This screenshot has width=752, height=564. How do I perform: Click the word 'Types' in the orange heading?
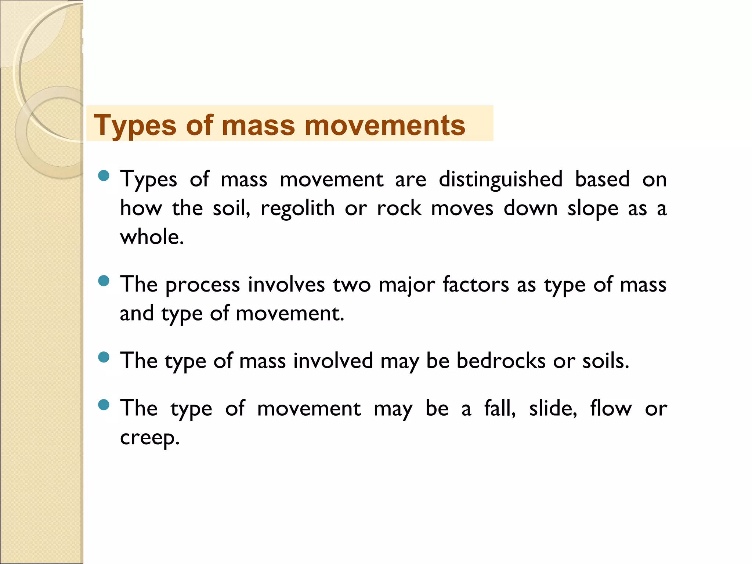pyautogui.click(x=135, y=126)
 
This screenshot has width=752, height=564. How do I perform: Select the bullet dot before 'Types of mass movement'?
pyautogui.click(x=104, y=176)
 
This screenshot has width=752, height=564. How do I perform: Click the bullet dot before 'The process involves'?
pyautogui.click(x=104, y=281)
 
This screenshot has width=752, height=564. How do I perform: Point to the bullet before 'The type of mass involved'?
pyautogui.click(x=104, y=357)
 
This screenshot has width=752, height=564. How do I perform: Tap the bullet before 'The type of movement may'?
pyautogui.click(x=104, y=405)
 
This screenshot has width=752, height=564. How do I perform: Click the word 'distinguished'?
pyautogui.click(x=500, y=180)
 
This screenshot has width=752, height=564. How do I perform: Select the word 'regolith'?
pyautogui.click(x=297, y=208)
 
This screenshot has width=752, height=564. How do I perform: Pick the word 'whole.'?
pyautogui.click(x=152, y=237)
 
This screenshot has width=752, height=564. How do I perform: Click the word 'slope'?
pyautogui.click(x=593, y=208)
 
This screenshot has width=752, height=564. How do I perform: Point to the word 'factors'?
pyautogui.click(x=476, y=285)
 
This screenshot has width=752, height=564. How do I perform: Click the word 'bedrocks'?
pyautogui.click(x=501, y=361)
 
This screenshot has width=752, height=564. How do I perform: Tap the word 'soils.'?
pyautogui.click(x=605, y=361)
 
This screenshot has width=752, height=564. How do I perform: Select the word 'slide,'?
pyautogui.click(x=553, y=408)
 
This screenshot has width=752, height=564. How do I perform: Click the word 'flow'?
pyautogui.click(x=611, y=408)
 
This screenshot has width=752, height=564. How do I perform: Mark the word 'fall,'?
pyautogui.click(x=500, y=408)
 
